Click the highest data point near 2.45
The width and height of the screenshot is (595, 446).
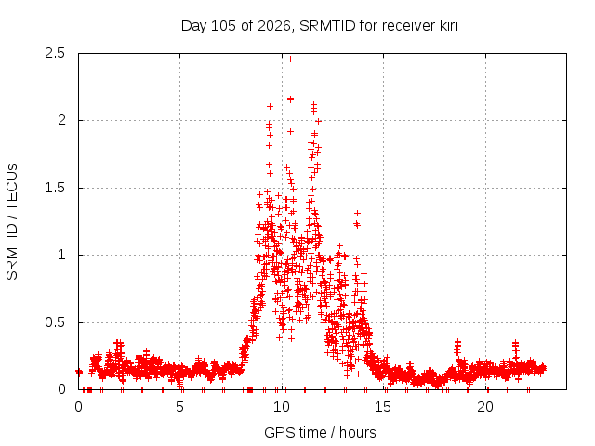tap(290, 59)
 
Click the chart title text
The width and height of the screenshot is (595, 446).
tap(320, 26)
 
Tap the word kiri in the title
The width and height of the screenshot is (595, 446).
tap(449, 26)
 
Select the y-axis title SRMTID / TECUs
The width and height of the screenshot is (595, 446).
tap(12, 222)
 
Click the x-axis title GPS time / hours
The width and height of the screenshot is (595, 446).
tap(320, 432)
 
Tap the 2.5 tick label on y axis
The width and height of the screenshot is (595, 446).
tap(55, 53)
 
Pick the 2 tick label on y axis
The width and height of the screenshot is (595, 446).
tap(61, 120)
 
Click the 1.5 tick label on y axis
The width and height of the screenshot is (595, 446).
tap(55, 188)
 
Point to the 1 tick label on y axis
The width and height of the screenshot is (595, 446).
tap(62, 255)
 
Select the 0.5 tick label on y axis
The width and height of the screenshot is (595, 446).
tap(55, 322)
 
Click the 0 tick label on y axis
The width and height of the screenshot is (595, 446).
tap(61, 389)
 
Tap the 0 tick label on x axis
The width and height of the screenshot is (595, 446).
tap(78, 407)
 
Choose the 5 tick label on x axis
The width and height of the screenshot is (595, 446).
tap(179, 407)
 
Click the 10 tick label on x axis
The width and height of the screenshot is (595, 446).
tap(282, 407)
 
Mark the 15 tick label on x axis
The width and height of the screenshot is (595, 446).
tap(383, 407)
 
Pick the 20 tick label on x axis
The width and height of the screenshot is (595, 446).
tap(485, 407)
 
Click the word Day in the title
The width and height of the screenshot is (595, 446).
tap(194, 26)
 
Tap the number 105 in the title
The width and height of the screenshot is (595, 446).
tap(223, 26)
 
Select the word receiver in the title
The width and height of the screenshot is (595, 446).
tap(409, 26)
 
